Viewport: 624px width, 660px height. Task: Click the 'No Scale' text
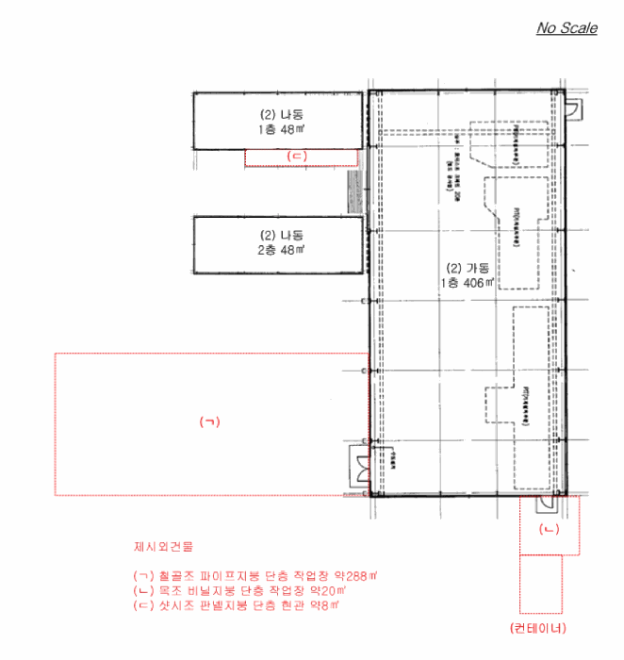[567, 28]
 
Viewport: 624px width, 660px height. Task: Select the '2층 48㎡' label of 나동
[278, 250]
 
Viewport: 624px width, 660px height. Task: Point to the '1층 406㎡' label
[466, 281]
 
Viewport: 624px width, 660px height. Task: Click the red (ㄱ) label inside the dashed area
[209, 421]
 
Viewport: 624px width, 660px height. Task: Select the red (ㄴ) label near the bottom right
[549, 531]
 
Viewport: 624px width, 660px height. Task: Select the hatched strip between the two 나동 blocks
[355, 184]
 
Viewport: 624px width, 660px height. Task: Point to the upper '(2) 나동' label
[278, 114]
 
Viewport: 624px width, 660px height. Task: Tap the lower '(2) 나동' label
[278, 235]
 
